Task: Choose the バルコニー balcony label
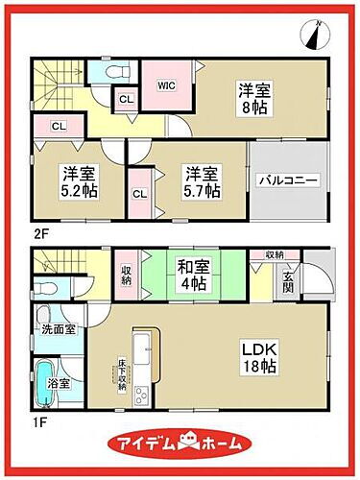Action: (287, 180)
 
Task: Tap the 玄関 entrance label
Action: (288, 283)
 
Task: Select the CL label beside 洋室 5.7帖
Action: (139, 193)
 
